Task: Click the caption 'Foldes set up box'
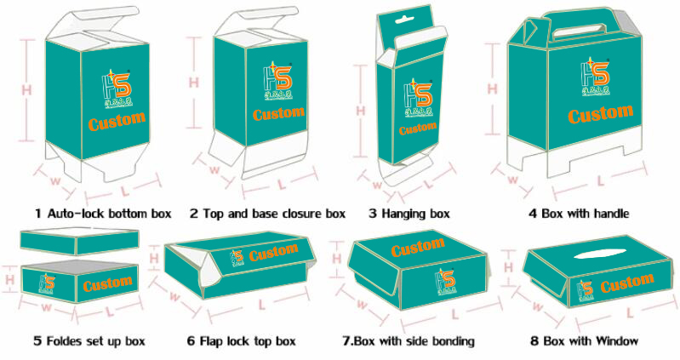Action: [x=89, y=341]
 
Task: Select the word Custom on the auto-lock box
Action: [x=117, y=121]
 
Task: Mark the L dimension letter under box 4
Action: [x=600, y=180]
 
